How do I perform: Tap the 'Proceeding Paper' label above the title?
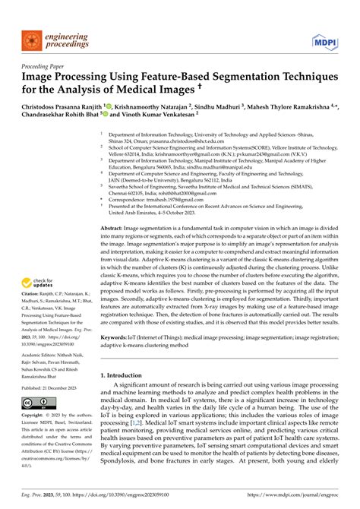(x=35, y=66)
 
